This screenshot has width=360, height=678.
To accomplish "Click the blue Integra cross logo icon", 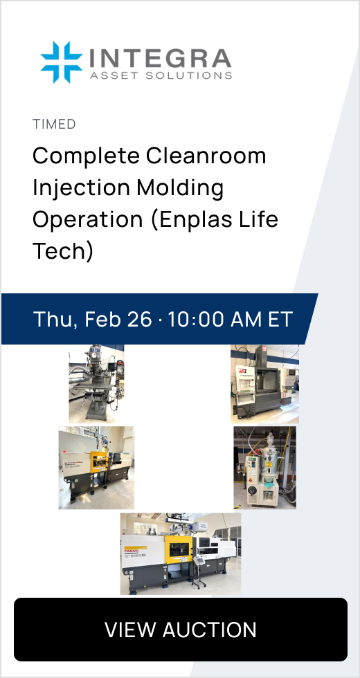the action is [x=62, y=62].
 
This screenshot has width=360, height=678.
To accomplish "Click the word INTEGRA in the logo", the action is [x=160, y=58].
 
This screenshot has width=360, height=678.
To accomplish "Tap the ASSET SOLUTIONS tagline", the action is [x=161, y=75].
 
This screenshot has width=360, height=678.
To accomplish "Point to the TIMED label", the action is [x=54, y=124].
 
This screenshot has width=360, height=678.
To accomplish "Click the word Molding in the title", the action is [x=180, y=188].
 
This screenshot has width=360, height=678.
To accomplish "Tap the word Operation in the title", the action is [x=88, y=220].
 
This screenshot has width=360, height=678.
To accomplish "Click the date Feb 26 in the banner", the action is [x=118, y=319].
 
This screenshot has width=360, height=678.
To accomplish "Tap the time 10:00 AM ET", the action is [x=231, y=319].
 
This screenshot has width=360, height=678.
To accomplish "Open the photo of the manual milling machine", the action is [x=96, y=383].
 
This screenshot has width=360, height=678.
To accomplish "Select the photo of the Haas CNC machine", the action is [x=264, y=383].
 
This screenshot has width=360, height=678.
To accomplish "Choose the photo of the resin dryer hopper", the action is [x=264, y=468].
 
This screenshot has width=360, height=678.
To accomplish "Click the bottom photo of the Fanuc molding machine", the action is [x=181, y=553].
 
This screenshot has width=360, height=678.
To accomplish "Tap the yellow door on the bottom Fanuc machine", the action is [x=178, y=551].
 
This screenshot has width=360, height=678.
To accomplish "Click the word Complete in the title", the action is [x=86, y=156].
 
